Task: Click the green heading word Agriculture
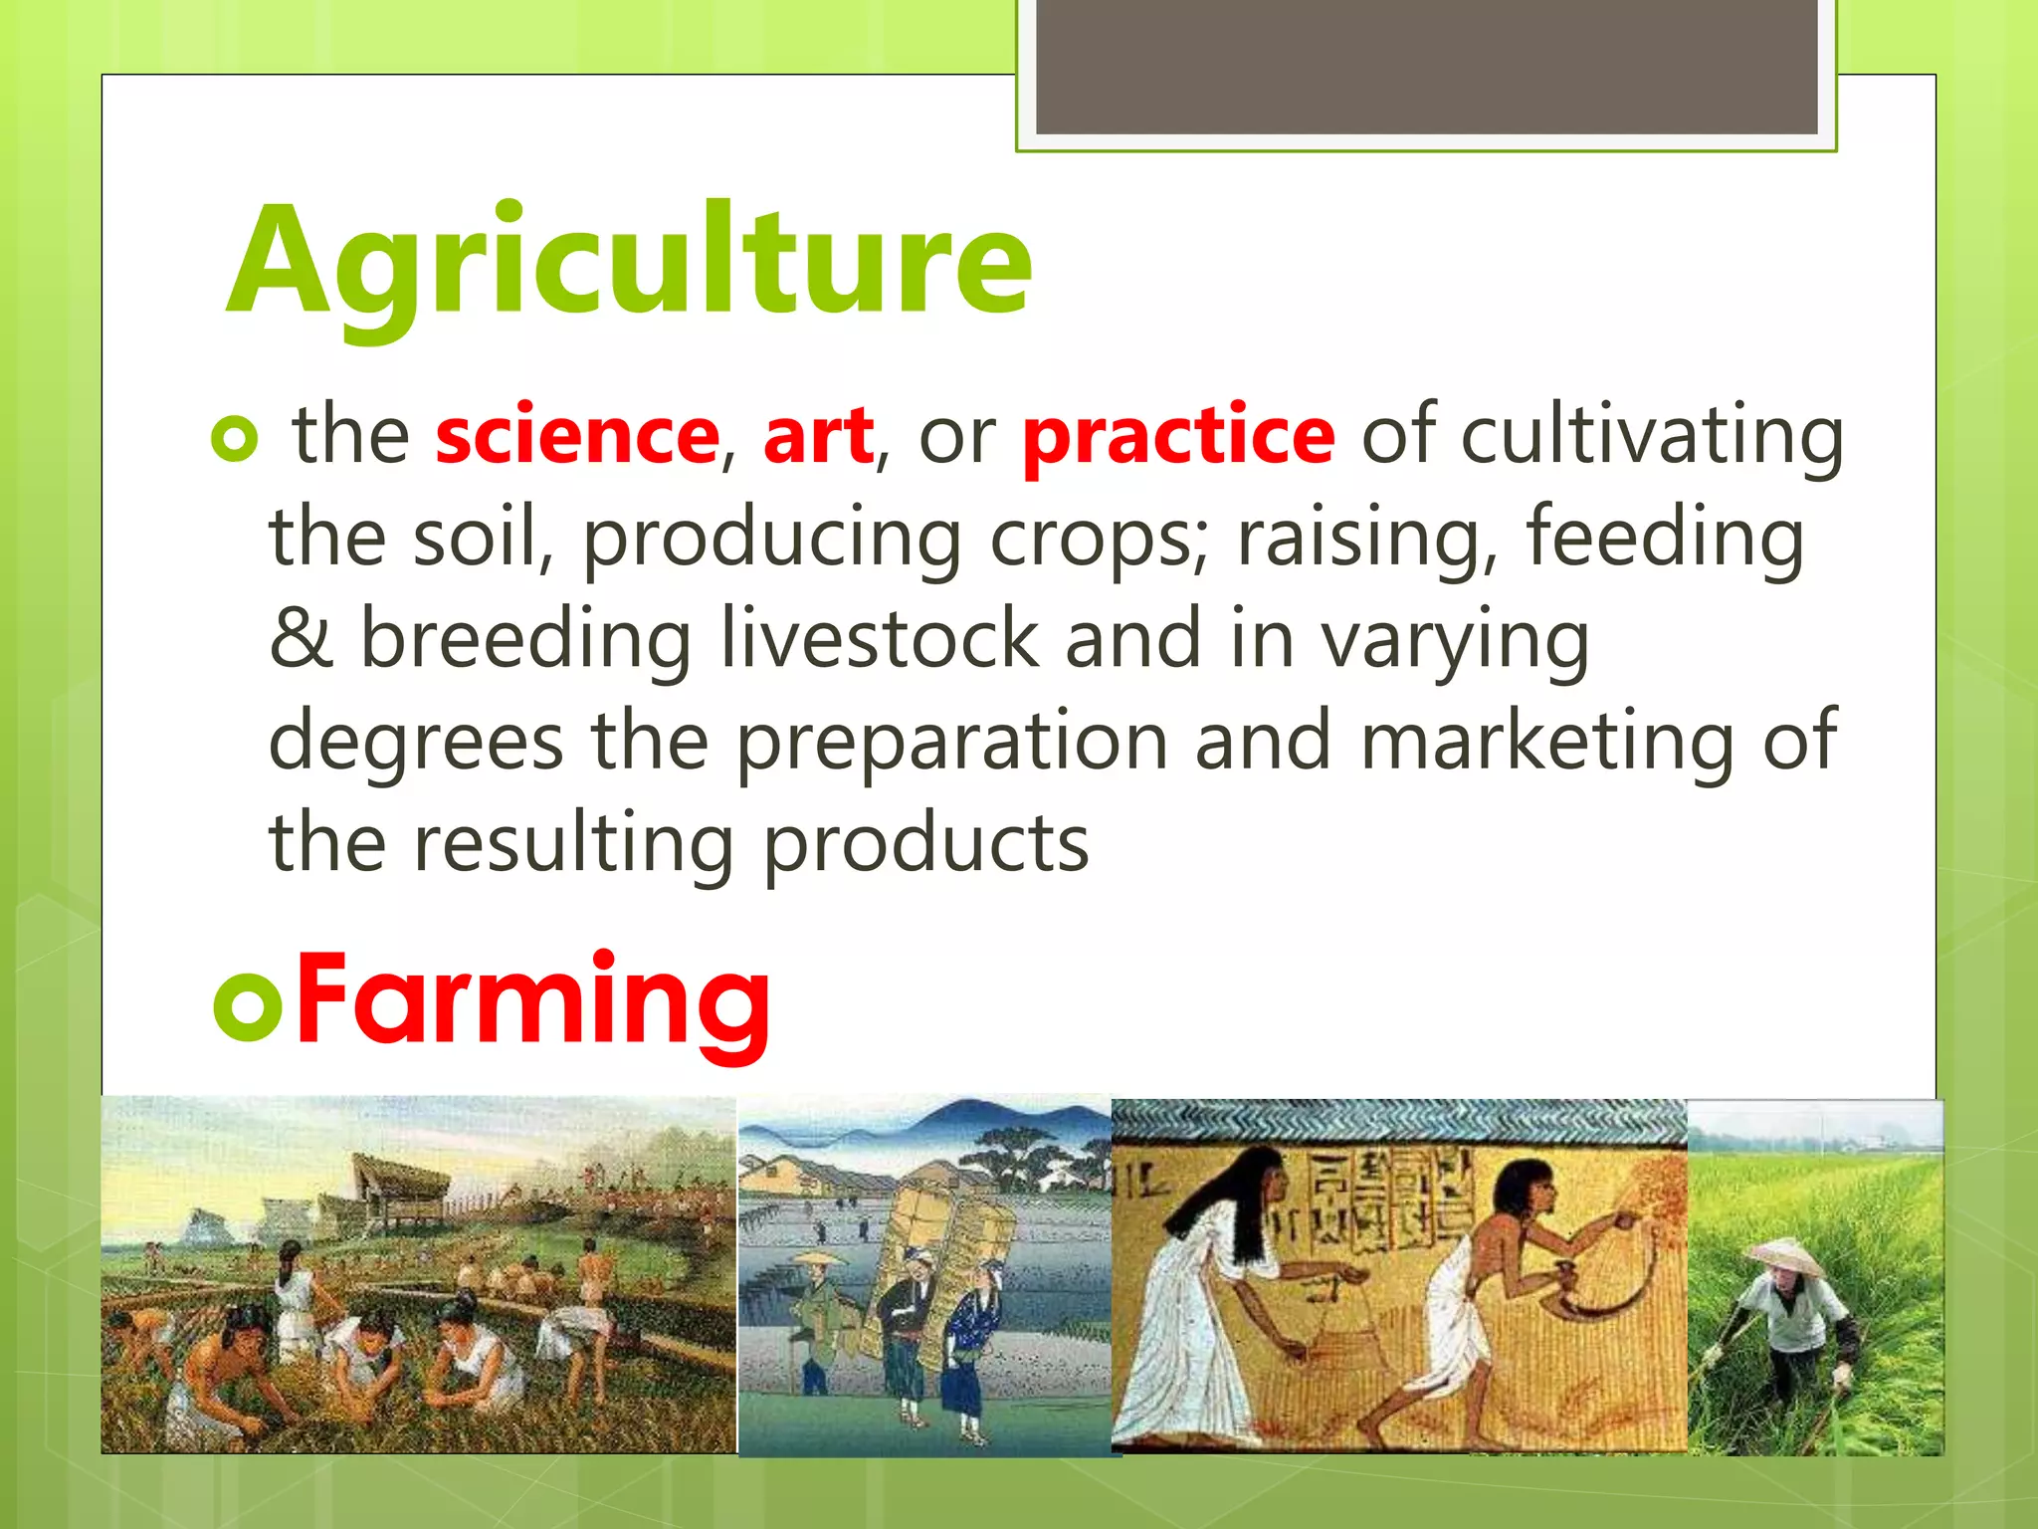(x=629, y=261)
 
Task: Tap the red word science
(x=577, y=436)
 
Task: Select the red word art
(x=818, y=436)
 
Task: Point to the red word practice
(x=1178, y=436)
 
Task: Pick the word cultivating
(x=1652, y=436)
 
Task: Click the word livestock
(x=879, y=639)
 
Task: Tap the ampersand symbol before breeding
(x=300, y=639)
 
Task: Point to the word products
(x=925, y=844)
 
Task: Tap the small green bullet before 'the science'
(x=235, y=439)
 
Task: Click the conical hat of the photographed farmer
(x=1788, y=1256)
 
